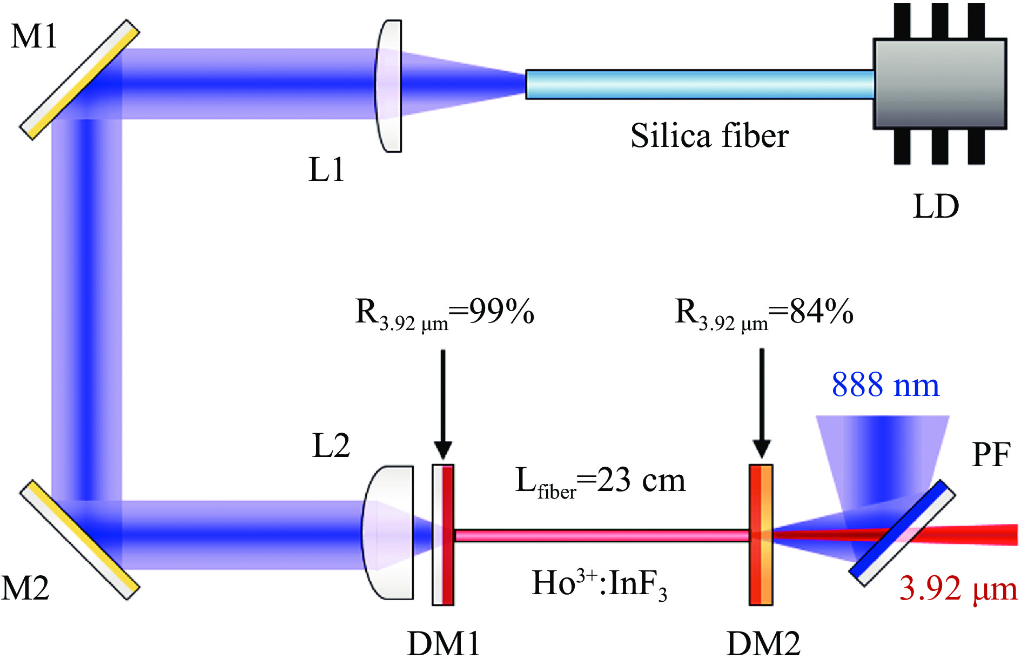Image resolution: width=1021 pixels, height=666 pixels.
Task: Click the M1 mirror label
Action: coord(33,37)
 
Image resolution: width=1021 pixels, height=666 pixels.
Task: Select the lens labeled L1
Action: coord(388,86)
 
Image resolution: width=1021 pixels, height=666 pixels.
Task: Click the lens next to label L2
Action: coord(387,533)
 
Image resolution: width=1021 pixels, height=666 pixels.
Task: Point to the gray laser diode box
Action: coord(940,84)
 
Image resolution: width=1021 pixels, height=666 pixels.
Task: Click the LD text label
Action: coord(936,206)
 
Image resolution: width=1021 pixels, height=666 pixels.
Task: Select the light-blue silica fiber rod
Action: coord(700,84)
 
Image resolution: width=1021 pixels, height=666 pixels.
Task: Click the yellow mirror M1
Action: coord(80,80)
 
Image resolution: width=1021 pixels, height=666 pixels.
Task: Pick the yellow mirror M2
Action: coord(80,540)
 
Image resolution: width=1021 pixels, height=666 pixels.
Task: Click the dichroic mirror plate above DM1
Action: coord(443,535)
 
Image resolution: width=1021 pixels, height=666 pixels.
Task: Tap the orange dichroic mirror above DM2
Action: coord(761,535)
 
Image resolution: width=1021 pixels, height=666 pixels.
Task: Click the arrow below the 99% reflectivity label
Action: coord(443,404)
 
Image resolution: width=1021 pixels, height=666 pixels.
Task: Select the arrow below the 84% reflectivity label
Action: coord(762,403)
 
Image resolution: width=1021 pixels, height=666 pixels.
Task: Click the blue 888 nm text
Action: coord(885,385)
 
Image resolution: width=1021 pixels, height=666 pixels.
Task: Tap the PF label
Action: coord(991,455)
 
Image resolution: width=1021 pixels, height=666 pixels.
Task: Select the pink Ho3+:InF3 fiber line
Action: coord(602,535)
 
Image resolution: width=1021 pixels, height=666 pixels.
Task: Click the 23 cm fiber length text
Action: coord(601,481)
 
